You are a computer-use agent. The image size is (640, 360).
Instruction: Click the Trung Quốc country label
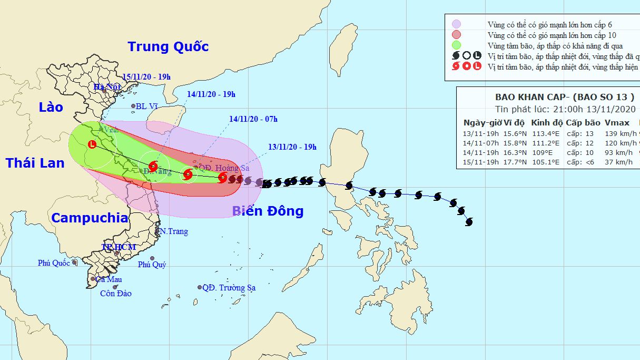coord(168,46)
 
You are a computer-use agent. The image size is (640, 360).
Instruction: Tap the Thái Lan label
coord(35,163)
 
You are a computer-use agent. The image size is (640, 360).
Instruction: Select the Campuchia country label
coord(90,218)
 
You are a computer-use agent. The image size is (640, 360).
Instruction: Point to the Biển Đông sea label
coord(268,211)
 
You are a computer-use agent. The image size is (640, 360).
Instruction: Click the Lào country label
coord(51,108)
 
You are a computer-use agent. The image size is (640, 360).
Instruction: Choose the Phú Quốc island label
coord(54,263)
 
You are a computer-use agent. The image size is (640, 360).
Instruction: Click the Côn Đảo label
coord(115,294)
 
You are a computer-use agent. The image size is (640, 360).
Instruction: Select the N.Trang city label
coord(174,231)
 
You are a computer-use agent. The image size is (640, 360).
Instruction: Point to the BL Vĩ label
coord(147,106)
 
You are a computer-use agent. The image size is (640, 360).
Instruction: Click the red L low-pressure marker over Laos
coord(93,144)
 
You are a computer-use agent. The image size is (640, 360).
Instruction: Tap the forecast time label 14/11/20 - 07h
coord(253,119)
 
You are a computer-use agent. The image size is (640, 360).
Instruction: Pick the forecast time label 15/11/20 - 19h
coord(146,77)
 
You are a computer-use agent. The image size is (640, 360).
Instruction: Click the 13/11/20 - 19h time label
coord(292,147)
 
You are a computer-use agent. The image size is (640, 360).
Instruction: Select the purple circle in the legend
coord(457,24)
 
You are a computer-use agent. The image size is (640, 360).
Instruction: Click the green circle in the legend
coord(457,45)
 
